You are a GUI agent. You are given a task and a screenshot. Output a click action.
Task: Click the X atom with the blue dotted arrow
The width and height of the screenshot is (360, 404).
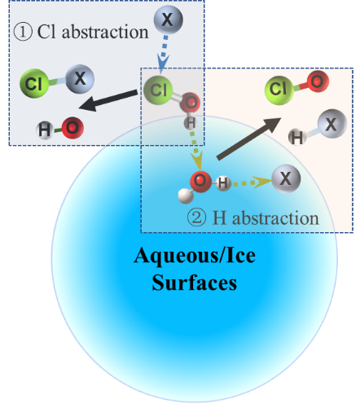[x=168, y=20]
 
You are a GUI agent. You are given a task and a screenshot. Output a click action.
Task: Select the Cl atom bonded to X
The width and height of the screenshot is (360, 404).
[x=34, y=83]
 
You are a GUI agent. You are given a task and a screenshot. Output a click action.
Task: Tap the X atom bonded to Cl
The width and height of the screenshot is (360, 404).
[x=80, y=79]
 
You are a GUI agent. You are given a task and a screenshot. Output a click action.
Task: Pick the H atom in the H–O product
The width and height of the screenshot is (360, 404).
[x=45, y=130]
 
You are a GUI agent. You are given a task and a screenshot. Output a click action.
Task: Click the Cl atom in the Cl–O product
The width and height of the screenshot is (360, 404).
[x=279, y=90]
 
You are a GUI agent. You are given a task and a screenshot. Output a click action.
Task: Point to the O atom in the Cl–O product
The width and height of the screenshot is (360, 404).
[x=318, y=81]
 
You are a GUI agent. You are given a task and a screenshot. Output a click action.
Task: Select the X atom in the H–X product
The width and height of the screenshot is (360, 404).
[x=332, y=124]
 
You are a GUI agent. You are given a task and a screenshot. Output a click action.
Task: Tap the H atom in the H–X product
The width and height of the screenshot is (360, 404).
[x=297, y=137]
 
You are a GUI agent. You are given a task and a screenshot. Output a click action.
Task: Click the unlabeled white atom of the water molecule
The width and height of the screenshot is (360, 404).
[x=186, y=195]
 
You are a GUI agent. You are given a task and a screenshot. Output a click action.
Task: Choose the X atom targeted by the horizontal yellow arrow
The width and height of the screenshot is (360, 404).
[x=286, y=178]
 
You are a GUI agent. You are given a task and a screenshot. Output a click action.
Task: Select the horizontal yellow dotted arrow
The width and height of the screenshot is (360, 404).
[x=252, y=182]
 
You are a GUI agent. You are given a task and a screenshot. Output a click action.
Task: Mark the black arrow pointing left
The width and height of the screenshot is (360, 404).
[x=108, y=100]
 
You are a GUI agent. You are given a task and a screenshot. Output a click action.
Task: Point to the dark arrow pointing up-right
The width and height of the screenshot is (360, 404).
[x=248, y=138]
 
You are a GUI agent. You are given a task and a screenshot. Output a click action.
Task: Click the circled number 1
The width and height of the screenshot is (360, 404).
[x=23, y=32]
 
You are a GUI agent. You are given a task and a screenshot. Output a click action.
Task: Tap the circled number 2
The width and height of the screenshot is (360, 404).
[x=196, y=217]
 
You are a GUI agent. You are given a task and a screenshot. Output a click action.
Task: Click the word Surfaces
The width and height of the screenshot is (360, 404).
[x=195, y=283]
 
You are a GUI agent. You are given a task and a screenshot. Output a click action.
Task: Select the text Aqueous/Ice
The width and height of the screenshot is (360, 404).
[x=195, y=256]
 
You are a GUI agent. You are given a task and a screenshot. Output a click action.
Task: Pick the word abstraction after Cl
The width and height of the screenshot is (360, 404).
[x=105, y=32]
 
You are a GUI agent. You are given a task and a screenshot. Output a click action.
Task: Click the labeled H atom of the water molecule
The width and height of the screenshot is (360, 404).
[x=223, y=183]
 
